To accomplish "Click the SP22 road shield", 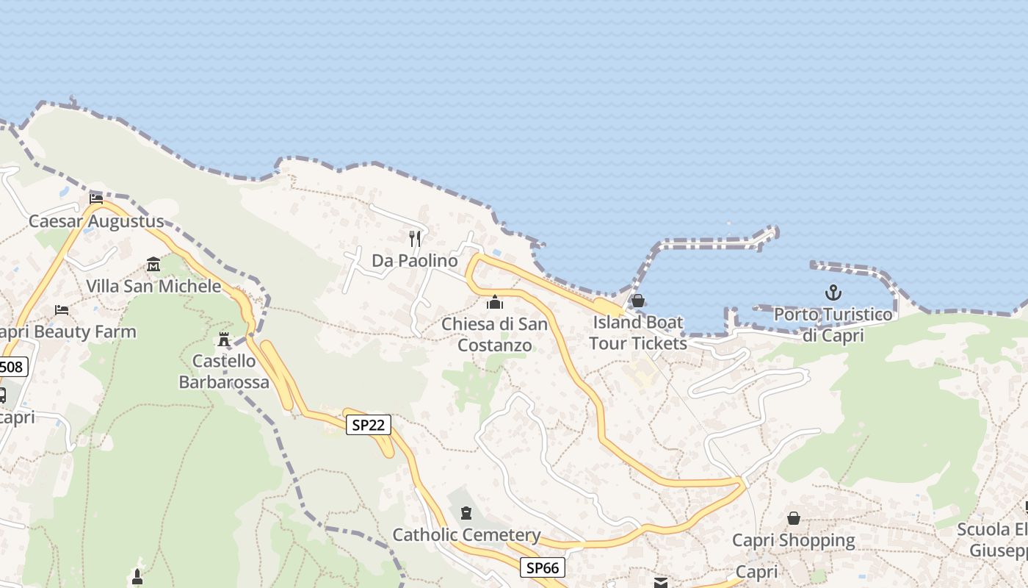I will coord(369,425).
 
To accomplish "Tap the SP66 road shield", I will coord(543,567).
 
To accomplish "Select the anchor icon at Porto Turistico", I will coord(833,293).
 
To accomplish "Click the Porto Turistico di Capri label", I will coord(833,325).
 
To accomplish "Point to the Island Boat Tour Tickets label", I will coord(637,333).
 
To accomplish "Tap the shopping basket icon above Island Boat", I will coord(637,301).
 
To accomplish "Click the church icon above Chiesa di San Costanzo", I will coord(495,302).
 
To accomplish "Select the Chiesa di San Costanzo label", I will coord(494,334).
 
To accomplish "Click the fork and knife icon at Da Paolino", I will coord(415,238).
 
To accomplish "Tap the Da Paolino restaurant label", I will coord(414,261).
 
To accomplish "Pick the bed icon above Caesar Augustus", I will coord(96,198).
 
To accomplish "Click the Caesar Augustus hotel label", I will coord(96,221).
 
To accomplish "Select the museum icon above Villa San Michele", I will coord(153,264).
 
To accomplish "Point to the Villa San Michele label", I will coord(153,286).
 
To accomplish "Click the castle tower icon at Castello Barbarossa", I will coord(224,340).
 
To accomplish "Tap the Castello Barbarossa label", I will coord(224,371).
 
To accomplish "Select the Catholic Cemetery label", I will coord(466,535).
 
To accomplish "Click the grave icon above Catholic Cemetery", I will coord(466,512).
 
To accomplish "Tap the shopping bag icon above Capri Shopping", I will coord(794,518).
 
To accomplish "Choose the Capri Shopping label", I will coord(794,541).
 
